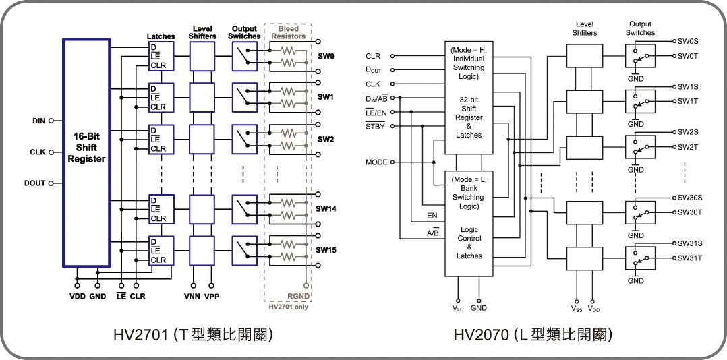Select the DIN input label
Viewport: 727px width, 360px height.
38,121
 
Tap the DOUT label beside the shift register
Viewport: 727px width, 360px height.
34,183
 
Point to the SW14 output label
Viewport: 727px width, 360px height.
326,209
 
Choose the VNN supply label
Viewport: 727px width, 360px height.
193,296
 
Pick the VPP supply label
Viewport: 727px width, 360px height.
212,296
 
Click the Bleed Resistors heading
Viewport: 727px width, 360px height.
288,32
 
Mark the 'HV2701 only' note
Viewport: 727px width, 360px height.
289,307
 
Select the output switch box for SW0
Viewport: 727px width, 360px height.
243,55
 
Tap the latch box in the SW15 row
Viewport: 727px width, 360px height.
161,250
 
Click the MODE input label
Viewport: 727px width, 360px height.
376,162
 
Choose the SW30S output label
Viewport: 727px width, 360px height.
691,198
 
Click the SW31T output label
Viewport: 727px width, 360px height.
691,258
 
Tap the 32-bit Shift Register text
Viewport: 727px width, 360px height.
469,117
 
